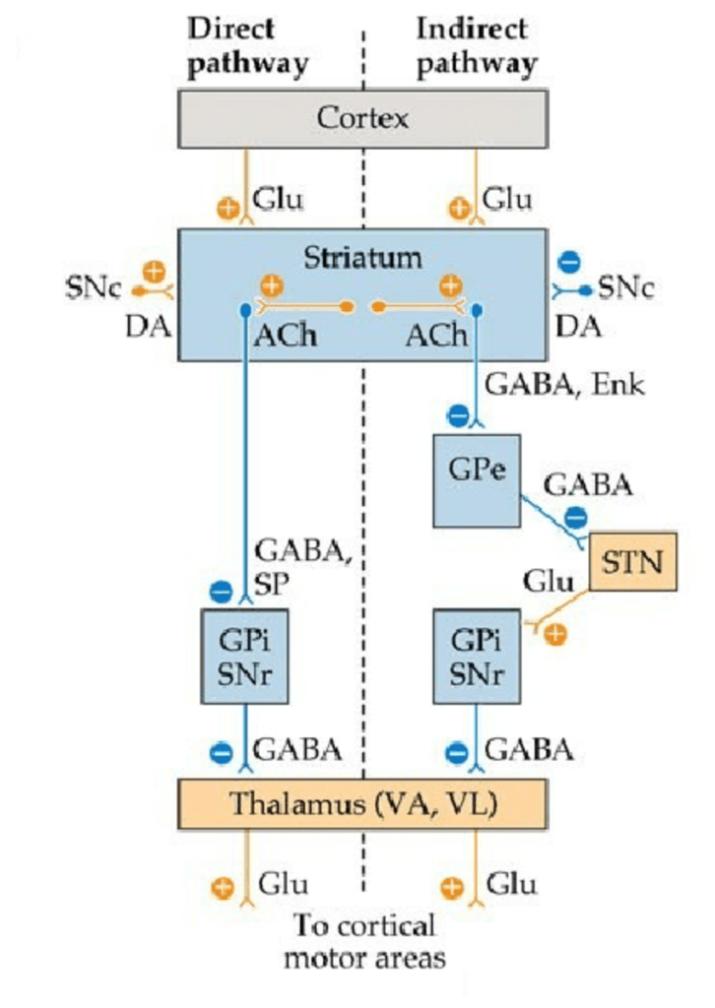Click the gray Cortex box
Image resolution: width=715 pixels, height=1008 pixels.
click(361, 119)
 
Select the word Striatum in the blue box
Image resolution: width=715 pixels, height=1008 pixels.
click(361, 258)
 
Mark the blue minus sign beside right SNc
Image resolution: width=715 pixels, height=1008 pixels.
click(569, 262)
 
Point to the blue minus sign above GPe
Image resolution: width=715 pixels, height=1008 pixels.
click(457, 415)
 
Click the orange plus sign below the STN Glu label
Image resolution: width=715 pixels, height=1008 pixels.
click(555, 634)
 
